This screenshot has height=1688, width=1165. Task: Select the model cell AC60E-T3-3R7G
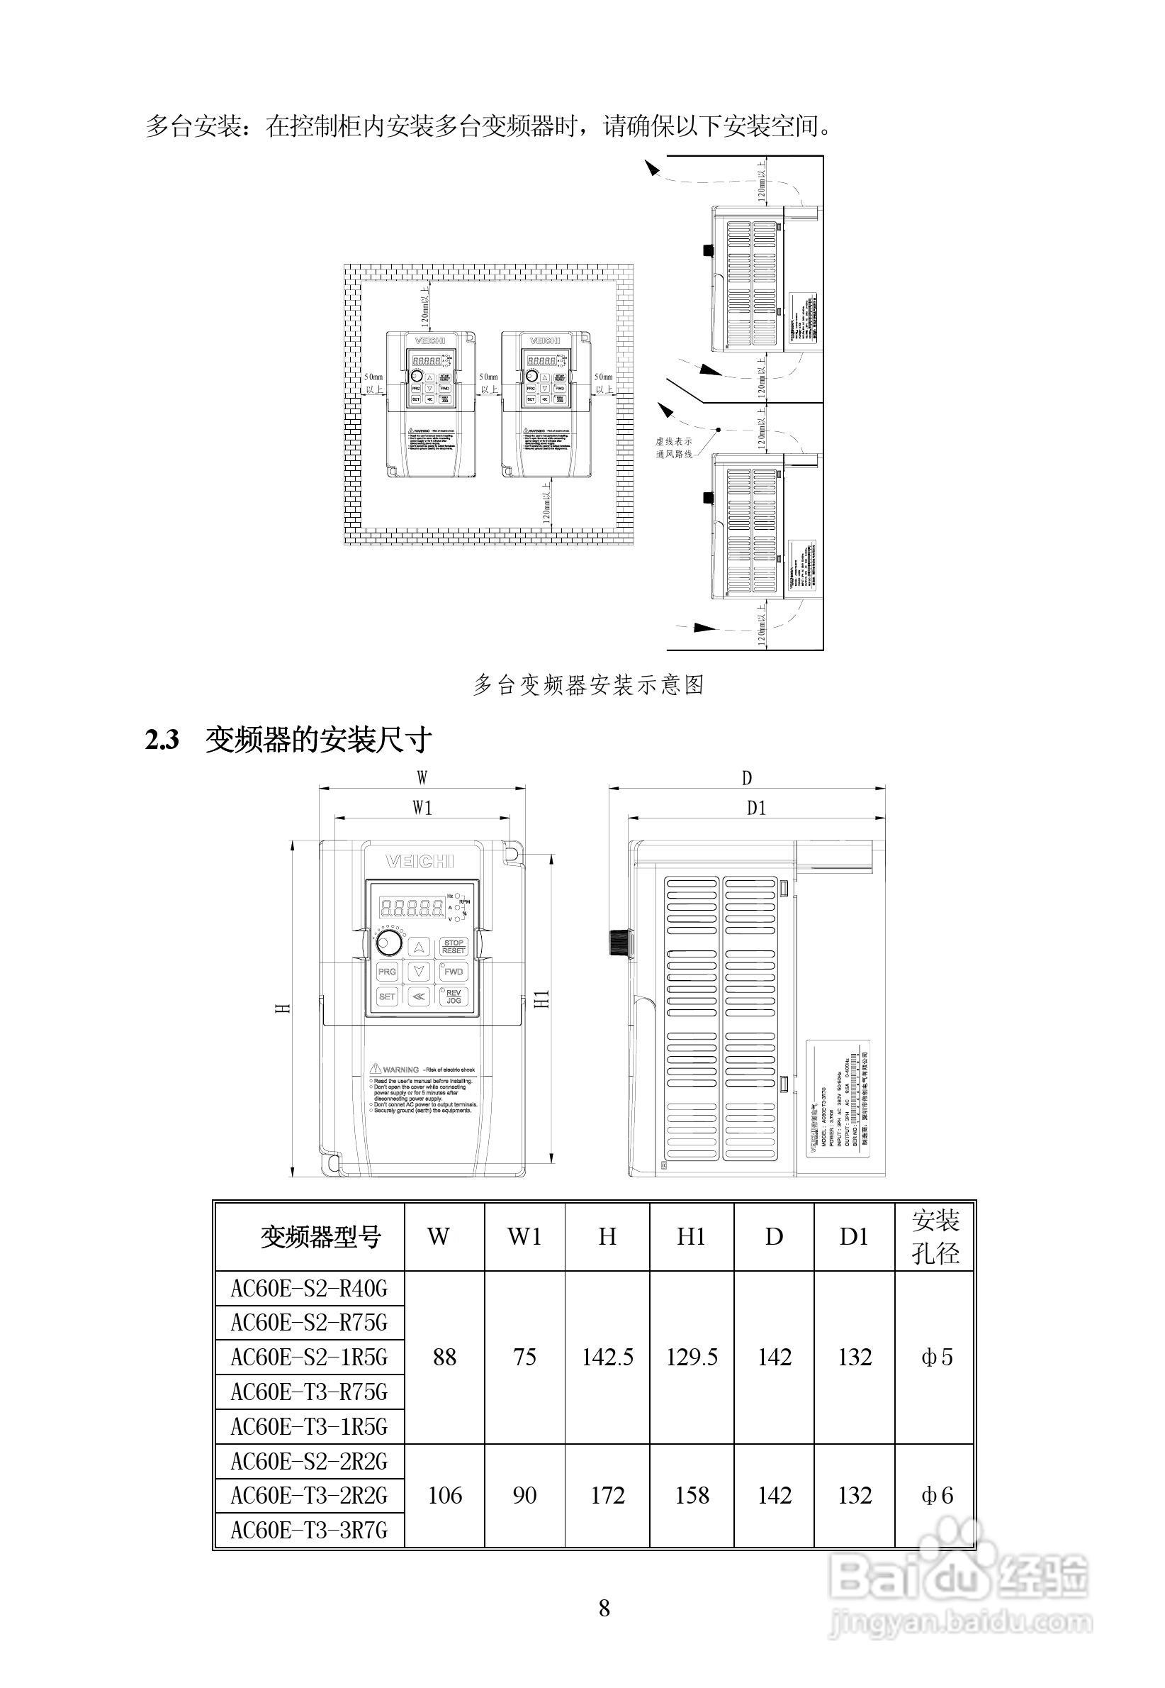(x=309, y=1530)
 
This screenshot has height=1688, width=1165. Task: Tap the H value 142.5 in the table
(x=607, y=1357)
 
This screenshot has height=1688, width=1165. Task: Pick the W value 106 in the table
(x=444, y=1495)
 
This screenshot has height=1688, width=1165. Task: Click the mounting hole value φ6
(x=937, y=1495)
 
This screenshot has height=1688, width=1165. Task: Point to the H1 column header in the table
(x=691, y=1237)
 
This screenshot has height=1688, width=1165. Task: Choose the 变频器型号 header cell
(x=320, y=1237)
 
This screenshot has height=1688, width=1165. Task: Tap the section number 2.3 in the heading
(x=162, y=740)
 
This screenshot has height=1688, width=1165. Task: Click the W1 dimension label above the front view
(x=422, y=807)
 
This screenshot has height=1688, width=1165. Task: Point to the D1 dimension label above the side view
(x=756, y=808)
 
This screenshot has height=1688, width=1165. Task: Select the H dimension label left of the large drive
(x=285, y=1007)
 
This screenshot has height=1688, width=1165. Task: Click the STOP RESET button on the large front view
(x=454, y=947)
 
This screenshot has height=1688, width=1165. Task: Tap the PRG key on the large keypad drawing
(x=387, y=972)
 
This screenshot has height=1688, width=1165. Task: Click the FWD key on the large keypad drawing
(x=454, y=972)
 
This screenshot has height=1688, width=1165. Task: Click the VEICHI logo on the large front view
(x=420, y=861)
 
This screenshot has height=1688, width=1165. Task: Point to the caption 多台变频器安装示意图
(x=587, y=684)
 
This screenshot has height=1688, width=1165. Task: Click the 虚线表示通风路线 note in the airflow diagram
(x=673, y=448)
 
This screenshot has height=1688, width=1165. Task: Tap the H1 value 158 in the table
(x=691, y=1495)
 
